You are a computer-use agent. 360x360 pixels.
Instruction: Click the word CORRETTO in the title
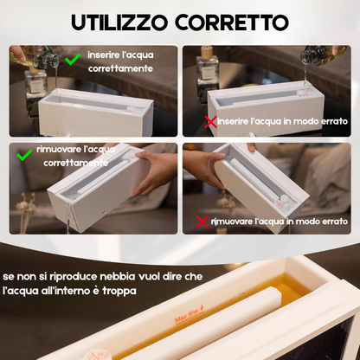(240, 21)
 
